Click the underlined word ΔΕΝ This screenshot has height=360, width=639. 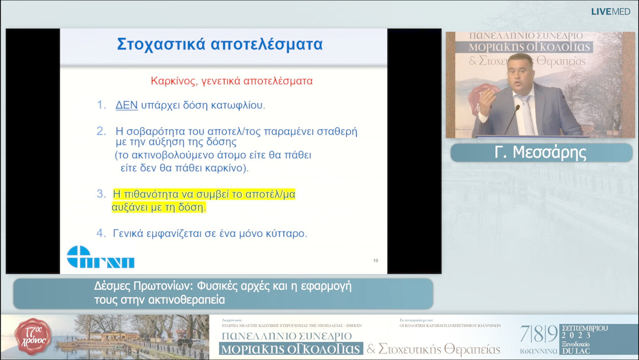point(126,105)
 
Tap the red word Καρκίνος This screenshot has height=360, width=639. point(172,80)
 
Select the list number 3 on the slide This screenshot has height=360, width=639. point(101,194)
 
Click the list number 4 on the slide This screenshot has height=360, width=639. point(101,233)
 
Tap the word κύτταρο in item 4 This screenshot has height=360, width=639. point(285,233)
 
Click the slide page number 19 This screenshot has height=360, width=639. point(376,261)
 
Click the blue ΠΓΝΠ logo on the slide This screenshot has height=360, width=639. point(101,257)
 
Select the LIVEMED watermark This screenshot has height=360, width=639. point(610,11)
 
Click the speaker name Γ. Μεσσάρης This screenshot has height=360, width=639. point(540,153)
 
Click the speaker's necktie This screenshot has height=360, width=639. point(525,112)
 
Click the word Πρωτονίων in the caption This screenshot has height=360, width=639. point(159,287)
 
